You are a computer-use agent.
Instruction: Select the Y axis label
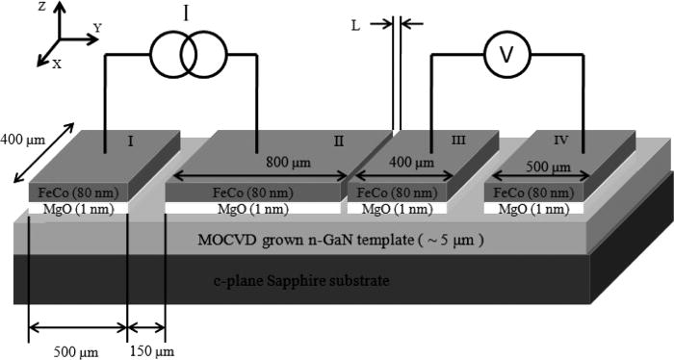click(96, 28)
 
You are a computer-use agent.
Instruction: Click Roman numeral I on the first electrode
click(130, 141)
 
